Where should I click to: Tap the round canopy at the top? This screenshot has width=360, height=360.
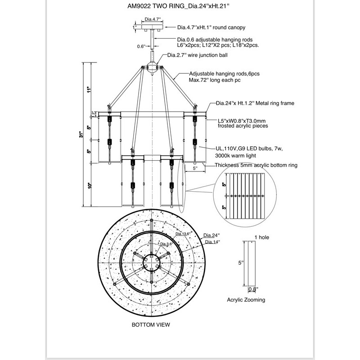tap(153, 28)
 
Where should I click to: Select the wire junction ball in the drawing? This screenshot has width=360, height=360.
tap(153, 67)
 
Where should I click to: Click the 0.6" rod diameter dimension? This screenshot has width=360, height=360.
tap(141, 46)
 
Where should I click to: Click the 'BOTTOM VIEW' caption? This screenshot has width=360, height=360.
tap(150, 324)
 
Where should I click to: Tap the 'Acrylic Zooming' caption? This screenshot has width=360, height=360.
tap(245, 299)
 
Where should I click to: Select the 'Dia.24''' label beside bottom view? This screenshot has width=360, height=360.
tap(211, 235)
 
